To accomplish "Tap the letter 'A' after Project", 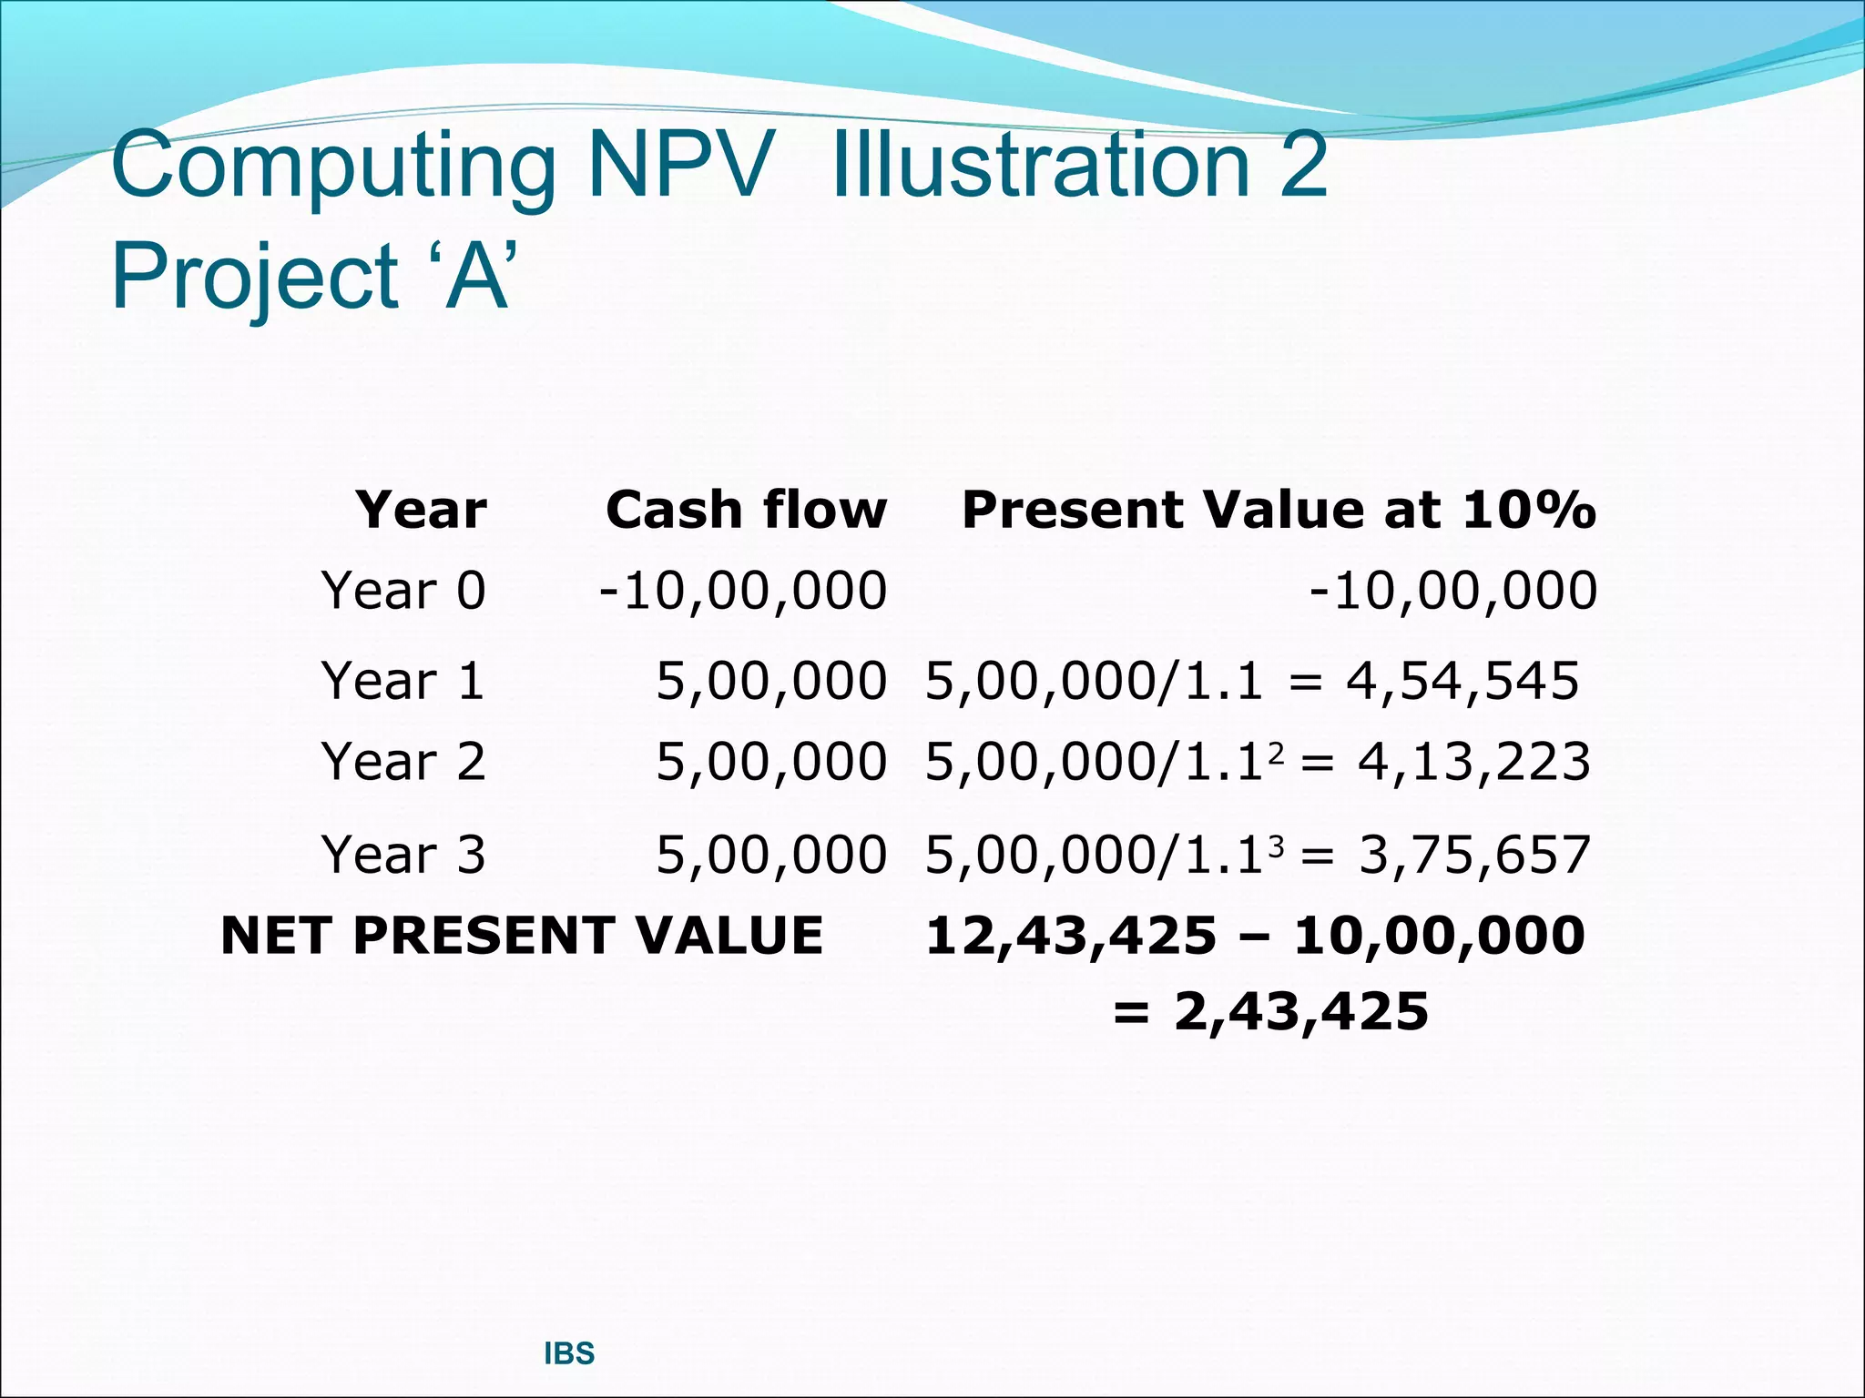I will [477, 277].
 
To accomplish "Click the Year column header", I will [421, 510].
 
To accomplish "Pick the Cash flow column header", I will [746, 510].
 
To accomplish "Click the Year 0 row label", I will [403, 591].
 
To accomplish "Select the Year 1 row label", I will [403, 681].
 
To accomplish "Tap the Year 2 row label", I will [403, 762].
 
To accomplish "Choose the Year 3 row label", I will [403, 855].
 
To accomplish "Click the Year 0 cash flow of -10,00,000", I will [743, 591].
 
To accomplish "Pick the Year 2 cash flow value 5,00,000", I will [771, 762].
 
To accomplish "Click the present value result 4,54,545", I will [1462, 681].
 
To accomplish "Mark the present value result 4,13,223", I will [1474, 762].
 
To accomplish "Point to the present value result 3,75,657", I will [1474, 855].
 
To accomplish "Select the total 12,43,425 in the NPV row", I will [1071, 936].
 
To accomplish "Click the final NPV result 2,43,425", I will [1301, 1012].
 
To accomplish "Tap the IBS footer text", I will [569, 1354].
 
